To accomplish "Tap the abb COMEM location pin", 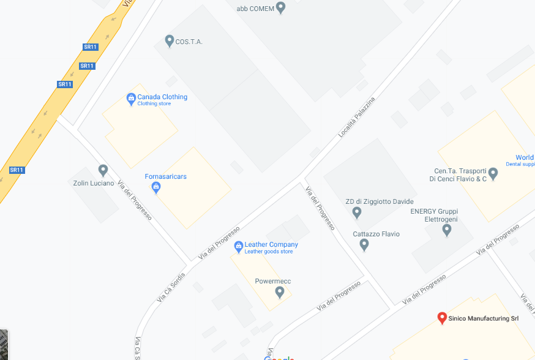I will [x=281, y=8].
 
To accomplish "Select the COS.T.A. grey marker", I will [x=170, y=41].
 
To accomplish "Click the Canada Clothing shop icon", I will [x=130, y=98].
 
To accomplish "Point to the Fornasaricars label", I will [x=165, y=176].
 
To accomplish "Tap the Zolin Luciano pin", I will [x=103, y=170].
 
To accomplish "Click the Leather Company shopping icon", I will [x=238, y=247].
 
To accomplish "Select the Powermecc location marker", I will [x=280, y=292].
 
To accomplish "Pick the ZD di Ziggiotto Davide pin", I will [x=357, y=212].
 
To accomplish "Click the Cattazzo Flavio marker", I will [x=364, y=245].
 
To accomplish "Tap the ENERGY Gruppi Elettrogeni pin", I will [x=447, y=230].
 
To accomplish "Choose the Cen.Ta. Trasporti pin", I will [x=493, y=174].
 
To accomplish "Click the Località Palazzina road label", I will [x=356, y=116].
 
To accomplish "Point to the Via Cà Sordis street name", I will [x=170, y=286].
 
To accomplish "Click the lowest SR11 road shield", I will [x=17, y=170].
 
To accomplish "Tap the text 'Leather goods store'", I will [x=268, y=252].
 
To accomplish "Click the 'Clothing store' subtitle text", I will [x=154, y=104].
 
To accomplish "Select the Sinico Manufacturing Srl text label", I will [x=479, y=318].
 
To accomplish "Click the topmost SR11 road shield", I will [x=90, y=47].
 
